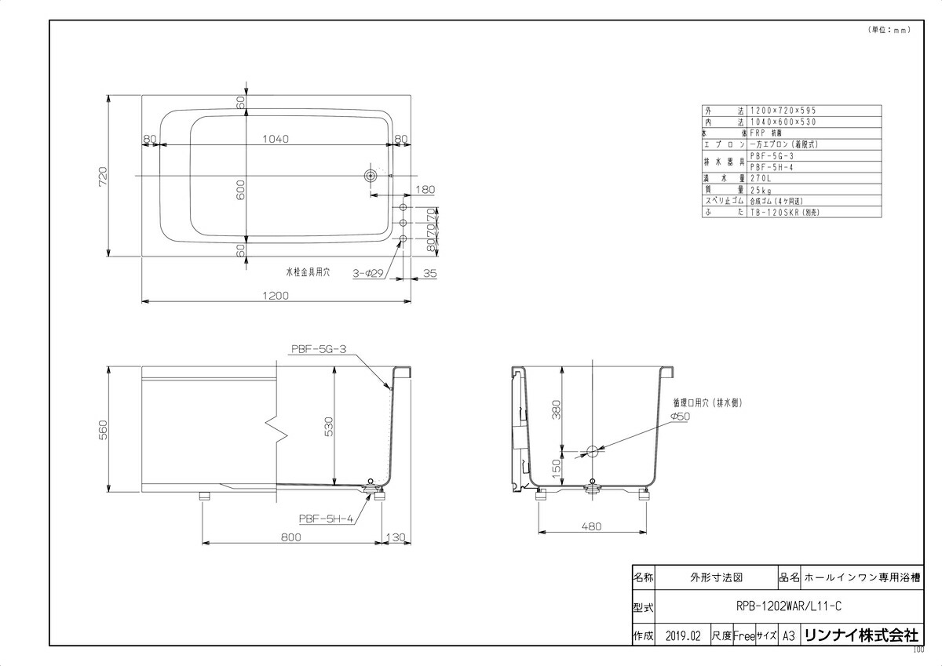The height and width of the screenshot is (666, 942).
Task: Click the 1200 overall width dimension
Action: (x=277, y=296)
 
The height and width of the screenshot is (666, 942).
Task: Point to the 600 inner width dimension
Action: (x=241, y=188)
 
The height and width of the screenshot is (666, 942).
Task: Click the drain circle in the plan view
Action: (x=370, y=175)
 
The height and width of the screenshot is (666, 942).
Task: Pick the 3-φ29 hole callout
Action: (x=367, y=273)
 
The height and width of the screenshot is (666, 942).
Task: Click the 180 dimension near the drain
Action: (x=425, y=190)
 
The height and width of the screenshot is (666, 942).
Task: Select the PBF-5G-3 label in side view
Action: (x=318, y=350)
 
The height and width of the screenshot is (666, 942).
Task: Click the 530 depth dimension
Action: (x=330, y=426)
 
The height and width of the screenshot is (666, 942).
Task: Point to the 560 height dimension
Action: (x=103, y=429)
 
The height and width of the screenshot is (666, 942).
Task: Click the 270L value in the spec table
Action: (x=761, y=178)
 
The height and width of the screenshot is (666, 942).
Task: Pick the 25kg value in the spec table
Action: (x=760, y=189)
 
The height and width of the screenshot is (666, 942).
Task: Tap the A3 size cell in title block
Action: (x=788, y=635)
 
